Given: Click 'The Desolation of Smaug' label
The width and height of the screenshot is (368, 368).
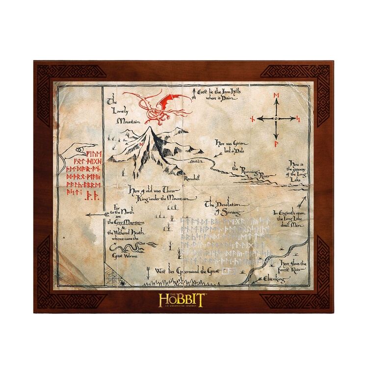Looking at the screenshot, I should [223, 207].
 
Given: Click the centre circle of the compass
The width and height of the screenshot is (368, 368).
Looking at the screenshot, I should [277, 118].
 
